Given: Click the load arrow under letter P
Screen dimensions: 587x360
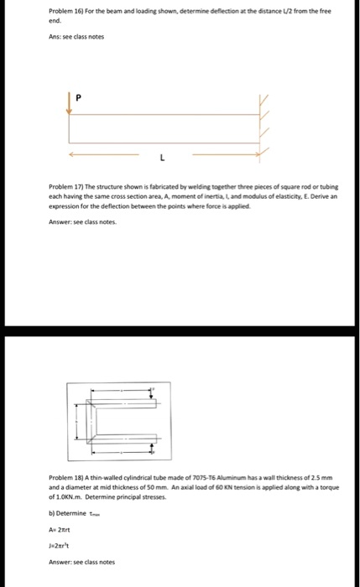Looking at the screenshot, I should click(x=70, y=103).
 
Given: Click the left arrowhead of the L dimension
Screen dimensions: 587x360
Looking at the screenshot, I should click(x=72, y=153).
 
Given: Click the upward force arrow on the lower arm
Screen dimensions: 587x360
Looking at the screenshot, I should click(x=151, y=445).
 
